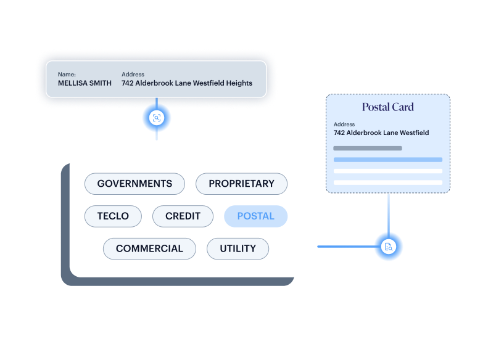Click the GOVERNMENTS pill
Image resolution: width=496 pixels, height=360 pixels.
(x=134, y=184)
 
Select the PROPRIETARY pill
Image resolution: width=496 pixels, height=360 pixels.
(x=241, y=184)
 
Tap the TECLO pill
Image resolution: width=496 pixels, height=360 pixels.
(x=113, y=216)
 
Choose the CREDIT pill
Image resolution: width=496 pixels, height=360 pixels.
(x=183, y=216)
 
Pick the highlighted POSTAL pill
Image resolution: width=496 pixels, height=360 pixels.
(x=255, y=216)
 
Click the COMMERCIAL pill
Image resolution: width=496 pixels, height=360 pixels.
(x=149, y=249)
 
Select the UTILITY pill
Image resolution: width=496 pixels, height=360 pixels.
(x=238, y=249)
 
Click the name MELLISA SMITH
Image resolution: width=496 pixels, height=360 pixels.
(x=85, y=83)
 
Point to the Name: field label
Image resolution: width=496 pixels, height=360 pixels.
(x=67, y=75)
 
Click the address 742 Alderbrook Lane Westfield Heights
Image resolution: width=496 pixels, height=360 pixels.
(x=186, y=83)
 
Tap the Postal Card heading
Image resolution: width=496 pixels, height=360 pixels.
(x=387, y=107)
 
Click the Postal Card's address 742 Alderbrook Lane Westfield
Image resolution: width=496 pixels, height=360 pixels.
(x=381, y=133)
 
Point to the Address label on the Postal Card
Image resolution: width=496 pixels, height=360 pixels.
(x=344, y=125)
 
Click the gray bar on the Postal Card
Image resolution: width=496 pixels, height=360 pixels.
(x=368, y=149)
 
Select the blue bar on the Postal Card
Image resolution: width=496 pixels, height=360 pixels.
(x=387, y=160)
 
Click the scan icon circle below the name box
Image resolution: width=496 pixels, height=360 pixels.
(x=157, y=118)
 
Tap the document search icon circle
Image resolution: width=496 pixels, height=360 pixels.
(x=389, y=247)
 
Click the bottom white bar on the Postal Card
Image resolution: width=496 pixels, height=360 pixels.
(x=387, y=182)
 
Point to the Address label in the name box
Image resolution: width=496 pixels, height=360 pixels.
(x=133, y=75)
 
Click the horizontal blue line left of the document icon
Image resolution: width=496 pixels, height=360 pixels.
(x=345, y=247)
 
